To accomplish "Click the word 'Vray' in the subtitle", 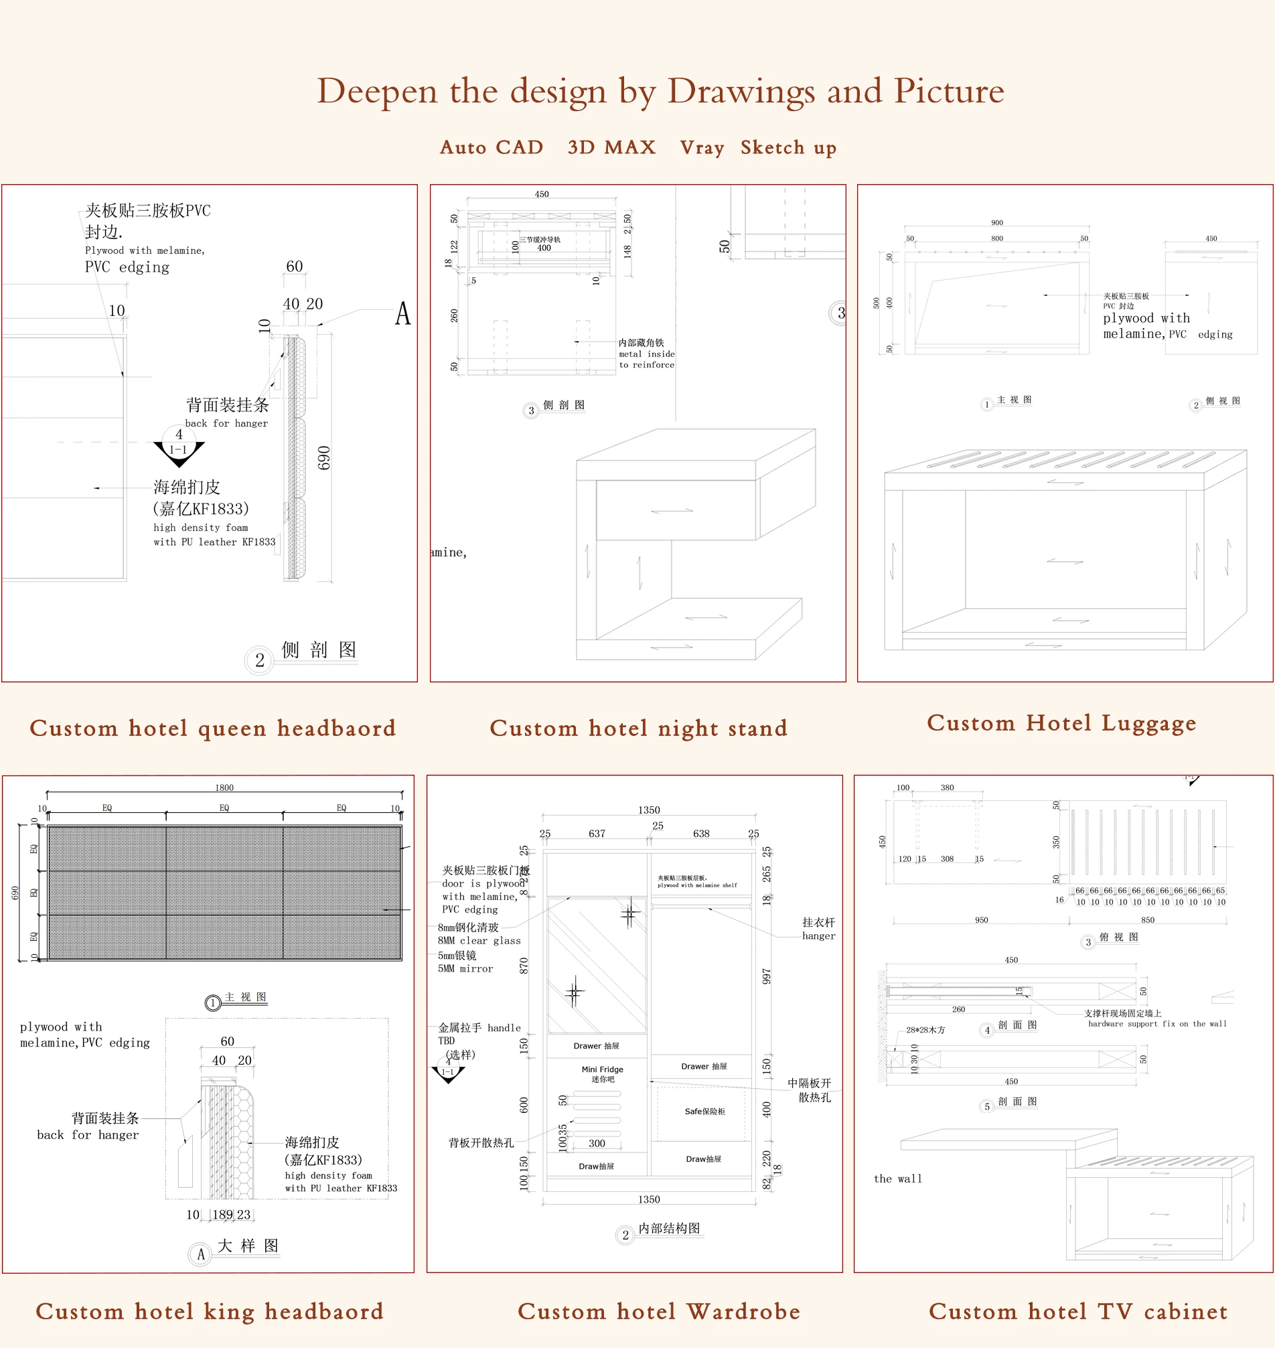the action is (701, 147).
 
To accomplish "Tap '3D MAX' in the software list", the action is (611, 147).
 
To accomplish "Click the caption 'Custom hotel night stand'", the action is (638, 728).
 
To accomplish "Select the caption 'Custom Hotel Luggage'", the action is (1061, 723).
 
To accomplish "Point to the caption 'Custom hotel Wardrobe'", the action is (658, 1310).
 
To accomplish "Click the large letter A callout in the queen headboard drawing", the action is (403, 314).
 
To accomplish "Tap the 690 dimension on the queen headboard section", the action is (324, 457).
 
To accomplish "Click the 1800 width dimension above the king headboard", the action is (224, 788).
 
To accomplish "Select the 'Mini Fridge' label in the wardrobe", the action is (602, 1069).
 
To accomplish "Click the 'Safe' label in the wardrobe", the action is (704, 1112).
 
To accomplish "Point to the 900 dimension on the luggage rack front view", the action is (996, 222).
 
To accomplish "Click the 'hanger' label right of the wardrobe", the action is (818, 936).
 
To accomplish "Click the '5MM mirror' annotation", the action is (465, 969).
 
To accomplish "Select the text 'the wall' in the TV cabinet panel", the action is (898, 1179).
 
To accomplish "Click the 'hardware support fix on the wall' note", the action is (1156, 1024).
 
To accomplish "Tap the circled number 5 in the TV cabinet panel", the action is (987, 1107).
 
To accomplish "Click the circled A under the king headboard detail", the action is (200, 1254).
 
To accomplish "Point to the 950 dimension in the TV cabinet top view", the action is (981, 919).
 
